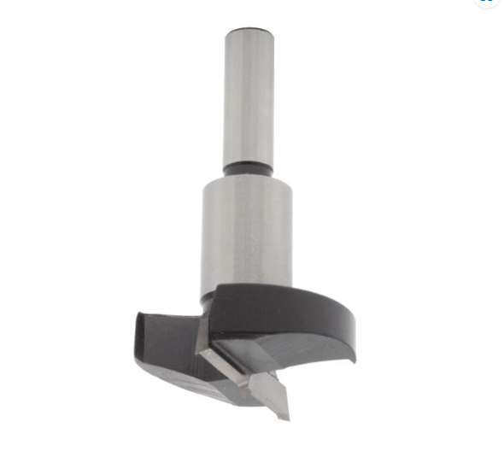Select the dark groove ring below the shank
point(248,170)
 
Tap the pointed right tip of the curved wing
point(352,359)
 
